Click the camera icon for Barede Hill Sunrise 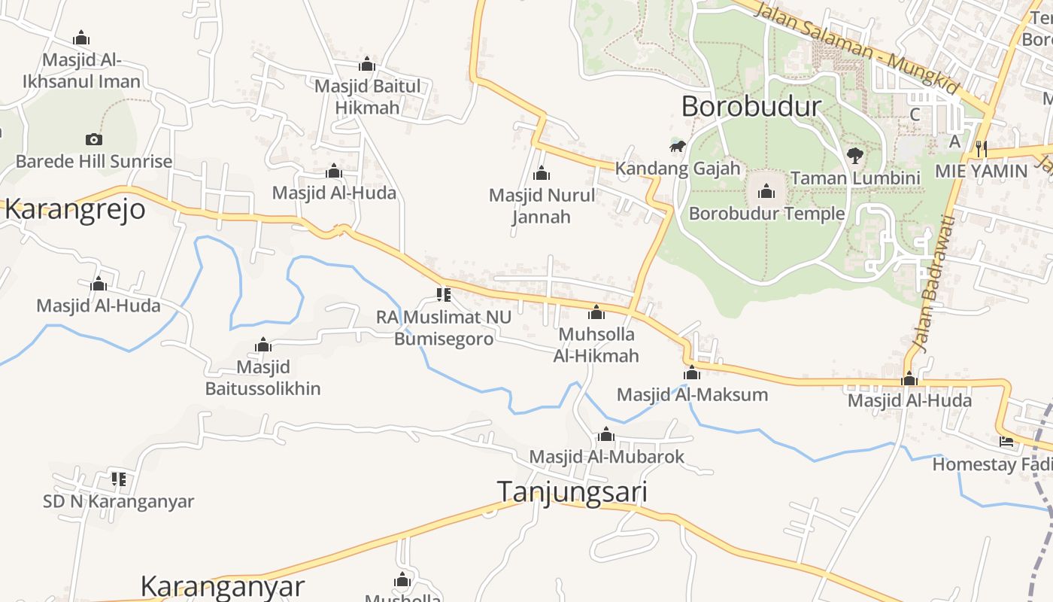(x=93, y=139)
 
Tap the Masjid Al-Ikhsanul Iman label (x=81, y=71)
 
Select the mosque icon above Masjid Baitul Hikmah (x=367, y=64)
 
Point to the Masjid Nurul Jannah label (x=542, y=206)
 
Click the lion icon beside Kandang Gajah (x=678, y=146)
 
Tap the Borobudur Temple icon (x=766, y=191)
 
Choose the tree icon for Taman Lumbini (x=854, y=156)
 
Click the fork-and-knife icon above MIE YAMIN (x=981, y=148)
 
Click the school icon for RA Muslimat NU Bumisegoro (x=443, y=294)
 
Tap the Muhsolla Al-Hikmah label (x=596, y=345)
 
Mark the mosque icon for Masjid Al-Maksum (x=692, y=372)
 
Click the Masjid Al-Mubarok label (x=606, y=457)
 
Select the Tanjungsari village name (x=572, y=491)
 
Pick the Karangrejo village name (x=74, y=209)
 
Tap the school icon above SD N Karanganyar (x=118, y=478)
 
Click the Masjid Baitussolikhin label (x=262, y=378)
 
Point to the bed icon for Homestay (x=1006, y=441)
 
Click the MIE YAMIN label (x=981, y=171)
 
